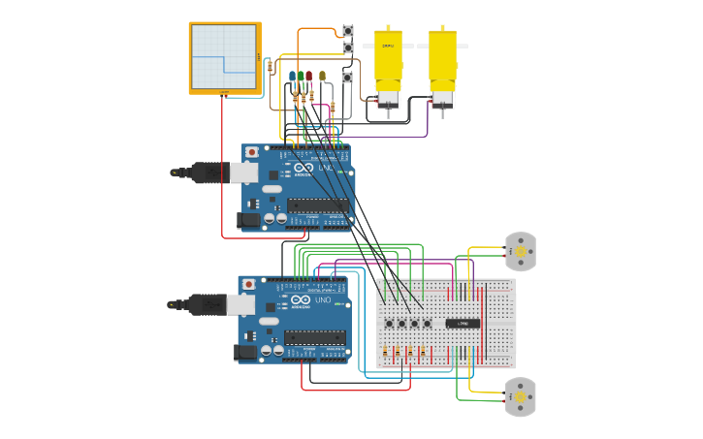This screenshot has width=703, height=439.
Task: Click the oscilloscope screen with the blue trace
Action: (224, 56)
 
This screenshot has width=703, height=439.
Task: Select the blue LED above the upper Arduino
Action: (292, 76)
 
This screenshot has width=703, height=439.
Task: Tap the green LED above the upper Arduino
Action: (301, 76)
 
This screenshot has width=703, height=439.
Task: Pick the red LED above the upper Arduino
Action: (308, 76)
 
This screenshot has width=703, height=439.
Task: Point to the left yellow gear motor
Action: (388, 64)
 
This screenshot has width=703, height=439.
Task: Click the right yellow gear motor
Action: (442, 64)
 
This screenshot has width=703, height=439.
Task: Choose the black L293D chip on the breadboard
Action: (462, 323)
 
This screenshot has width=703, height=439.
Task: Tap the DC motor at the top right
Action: (521, 251)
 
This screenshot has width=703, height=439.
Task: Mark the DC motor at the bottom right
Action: (521, 396)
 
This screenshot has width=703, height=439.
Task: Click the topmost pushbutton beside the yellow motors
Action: (348, 31)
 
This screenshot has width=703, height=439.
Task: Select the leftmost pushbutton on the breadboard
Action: (389, 324)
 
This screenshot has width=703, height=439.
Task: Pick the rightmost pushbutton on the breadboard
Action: (427, 324)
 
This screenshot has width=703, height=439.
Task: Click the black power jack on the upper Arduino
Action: (249, 220)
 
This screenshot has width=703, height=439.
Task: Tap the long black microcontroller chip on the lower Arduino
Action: (314, 337)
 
